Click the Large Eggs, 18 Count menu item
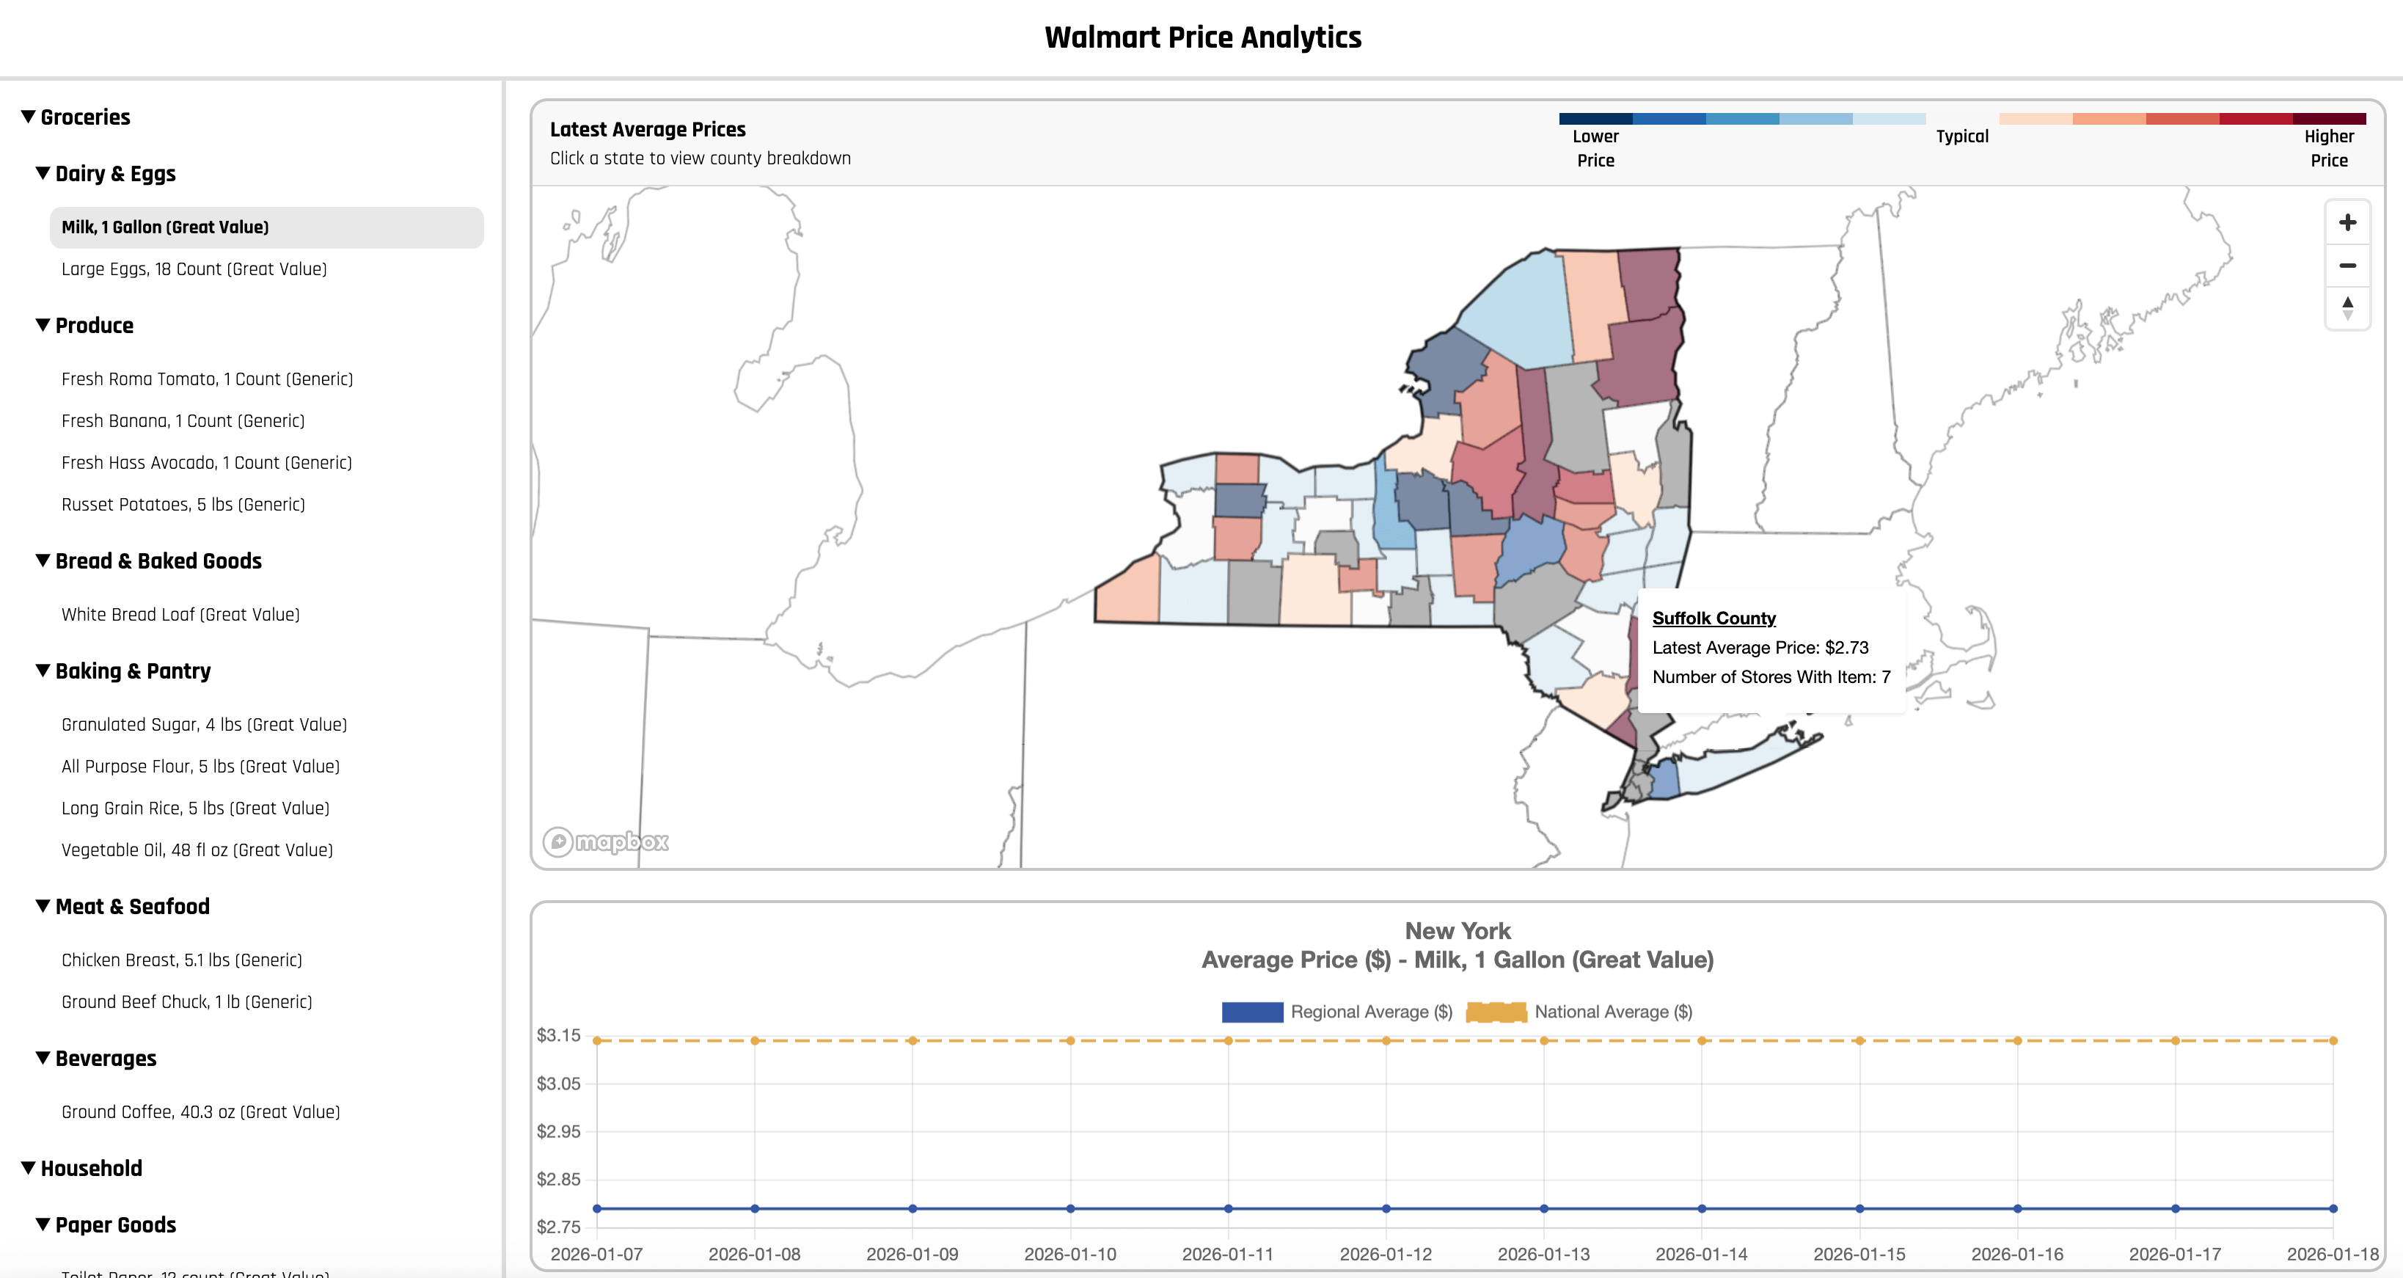(x=194, y=269)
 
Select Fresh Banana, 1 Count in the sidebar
(x=183, y=420)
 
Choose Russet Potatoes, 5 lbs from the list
(x=183, y=505)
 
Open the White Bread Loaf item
(x=180, y=615)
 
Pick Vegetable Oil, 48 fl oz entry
(x=197, y=850)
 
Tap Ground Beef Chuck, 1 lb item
(x=186, y=1002)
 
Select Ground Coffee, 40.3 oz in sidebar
(x=200, y=1112)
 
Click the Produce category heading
(x=93, y=326)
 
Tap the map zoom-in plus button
(x=2347, y=223)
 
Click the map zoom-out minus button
(x=2347, y=266)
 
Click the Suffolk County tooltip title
(x=1713, y=618)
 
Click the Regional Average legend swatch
(x=1252, y=1012)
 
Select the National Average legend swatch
(x=1496, y=1012)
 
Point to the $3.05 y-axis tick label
(x=557, y=1084)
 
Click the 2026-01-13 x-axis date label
(x=1543, y=1255)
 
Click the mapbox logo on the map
(x=607, y=842)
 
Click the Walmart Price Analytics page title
(x=1202, y=37)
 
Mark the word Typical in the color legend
(x=1961, y=136)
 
